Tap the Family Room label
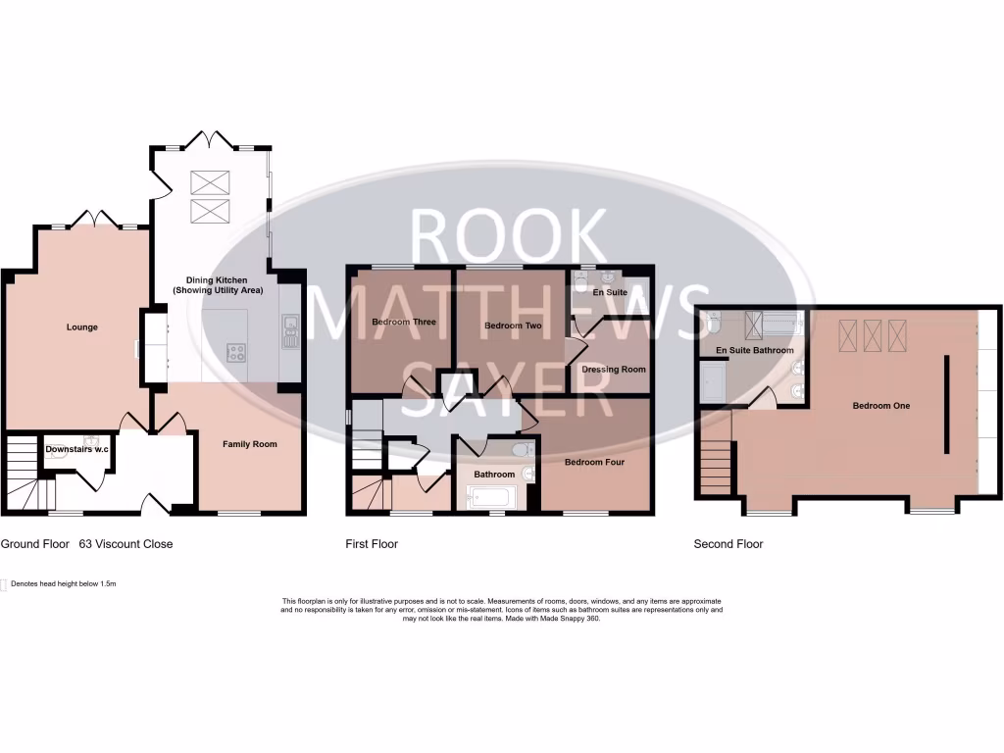coord(250,444)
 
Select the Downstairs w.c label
coord(77,450)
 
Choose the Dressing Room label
coord(614,370)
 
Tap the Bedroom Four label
coord(594,461)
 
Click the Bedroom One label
coord(881,406)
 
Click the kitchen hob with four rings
coord(236,353)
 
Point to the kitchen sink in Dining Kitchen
coord(290,331)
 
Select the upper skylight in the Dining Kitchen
coord(208,181)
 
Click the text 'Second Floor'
coord(728,544)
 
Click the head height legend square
coord(5,584)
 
